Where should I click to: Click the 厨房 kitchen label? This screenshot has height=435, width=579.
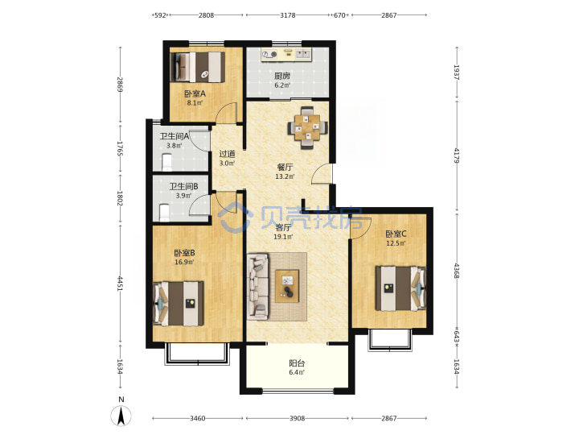click(x=281, y=77)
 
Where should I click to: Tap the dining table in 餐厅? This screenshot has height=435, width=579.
click(x=307, y=127)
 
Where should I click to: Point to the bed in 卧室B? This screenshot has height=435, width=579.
click(x=179, y=304)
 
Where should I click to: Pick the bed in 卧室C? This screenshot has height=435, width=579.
click(x=400, y=288)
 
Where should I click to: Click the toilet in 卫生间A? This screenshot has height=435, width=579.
click(x=167, y=163)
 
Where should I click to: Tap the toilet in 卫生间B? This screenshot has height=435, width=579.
click(x=164, y=213)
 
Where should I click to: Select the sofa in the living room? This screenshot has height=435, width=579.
click(x=258, y=286)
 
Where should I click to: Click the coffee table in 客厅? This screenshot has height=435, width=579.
click(x=287, y=286)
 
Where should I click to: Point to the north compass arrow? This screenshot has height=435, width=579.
click(x=121, y=416)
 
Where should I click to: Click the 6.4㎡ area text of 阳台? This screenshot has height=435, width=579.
click(x=297, y=372)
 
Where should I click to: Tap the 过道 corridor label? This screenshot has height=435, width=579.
click(x=227, y=154)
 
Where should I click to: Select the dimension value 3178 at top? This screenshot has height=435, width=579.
click(x=288, y=15)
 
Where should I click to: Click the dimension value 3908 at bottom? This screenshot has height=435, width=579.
click(x=297, y=418)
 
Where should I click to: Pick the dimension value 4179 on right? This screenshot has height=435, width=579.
click(x=457, y=155)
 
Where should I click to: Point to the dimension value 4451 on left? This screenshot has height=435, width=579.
click(x=120, y=283)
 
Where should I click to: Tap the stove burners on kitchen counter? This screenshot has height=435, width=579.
click(x=269, y=55)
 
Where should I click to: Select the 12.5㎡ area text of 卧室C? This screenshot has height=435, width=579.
click(x=396, y=243)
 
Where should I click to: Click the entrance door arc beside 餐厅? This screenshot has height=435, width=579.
click(x=321, y=173)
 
